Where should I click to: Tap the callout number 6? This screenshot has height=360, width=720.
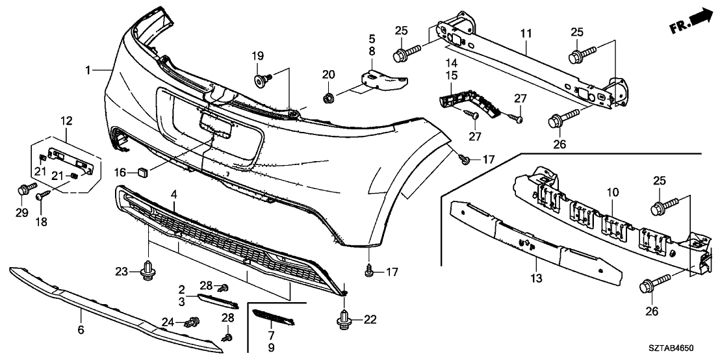coord(81,330)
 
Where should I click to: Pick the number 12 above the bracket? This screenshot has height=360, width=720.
coord(67,120)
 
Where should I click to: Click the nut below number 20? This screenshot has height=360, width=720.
coord(328,99)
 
